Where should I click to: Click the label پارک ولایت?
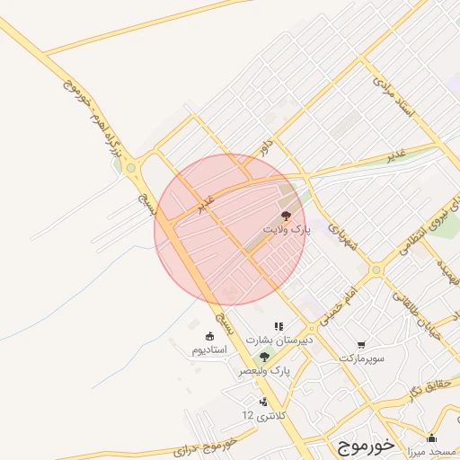(287, 230)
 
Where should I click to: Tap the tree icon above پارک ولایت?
(287, 216)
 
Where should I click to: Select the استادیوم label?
(209, 350)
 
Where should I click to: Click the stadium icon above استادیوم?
(209, 337)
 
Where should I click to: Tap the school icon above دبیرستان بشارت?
(279, 327)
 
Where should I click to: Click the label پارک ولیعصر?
(265, 370)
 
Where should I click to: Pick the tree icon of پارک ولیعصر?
(263, 357)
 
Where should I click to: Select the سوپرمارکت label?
(362, 358)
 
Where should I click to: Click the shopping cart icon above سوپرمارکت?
(361, 344)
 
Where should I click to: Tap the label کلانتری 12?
(262, 415)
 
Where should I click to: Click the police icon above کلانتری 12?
(262, 402)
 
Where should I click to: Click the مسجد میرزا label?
(428, 452)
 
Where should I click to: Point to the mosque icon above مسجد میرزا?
(431, 439)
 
